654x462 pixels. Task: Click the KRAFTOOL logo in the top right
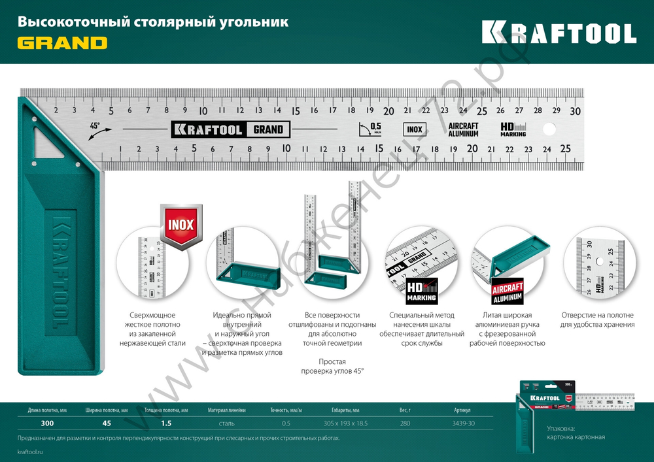pos(559,32)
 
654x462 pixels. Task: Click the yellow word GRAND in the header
pos(62,43)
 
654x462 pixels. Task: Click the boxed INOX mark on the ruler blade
pos(414,129)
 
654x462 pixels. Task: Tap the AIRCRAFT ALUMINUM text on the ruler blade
pos(463,129)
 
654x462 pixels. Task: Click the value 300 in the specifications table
pos(47,423)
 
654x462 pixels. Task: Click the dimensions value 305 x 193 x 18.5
pos(346,423)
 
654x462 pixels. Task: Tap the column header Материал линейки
pos(227,410)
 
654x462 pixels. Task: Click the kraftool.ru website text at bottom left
pos(31,452)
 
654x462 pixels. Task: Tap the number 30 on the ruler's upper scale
pos(575,111)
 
